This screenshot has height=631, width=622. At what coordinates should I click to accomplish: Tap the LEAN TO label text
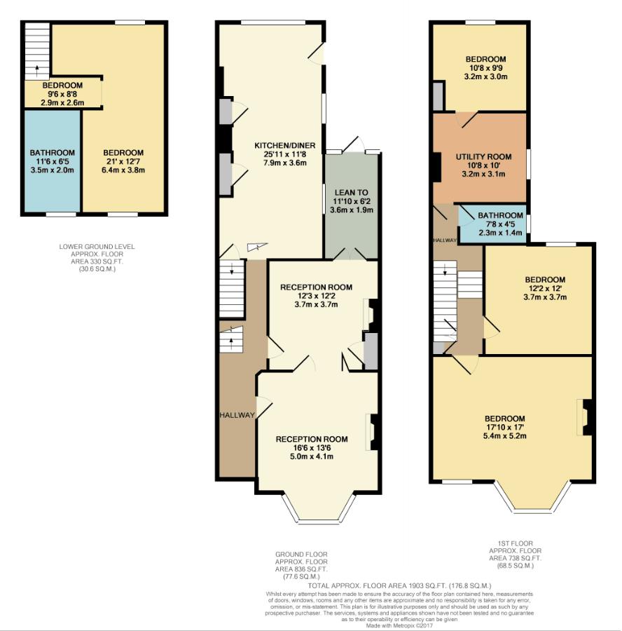tap(351, 192)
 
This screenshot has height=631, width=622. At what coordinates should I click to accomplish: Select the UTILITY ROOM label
tap(483, 156)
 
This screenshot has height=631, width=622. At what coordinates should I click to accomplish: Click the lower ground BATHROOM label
tap(52, 153)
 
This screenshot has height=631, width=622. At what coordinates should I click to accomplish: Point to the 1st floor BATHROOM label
tap(500, 215)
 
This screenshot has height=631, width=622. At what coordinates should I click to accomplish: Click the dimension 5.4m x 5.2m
tap(504, 435)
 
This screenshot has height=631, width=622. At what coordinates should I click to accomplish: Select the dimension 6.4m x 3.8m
tap(123, 169)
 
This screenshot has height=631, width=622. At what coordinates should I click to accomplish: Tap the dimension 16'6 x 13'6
tap(312, 448)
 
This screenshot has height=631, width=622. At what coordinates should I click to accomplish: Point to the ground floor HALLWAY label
tap(236, 415)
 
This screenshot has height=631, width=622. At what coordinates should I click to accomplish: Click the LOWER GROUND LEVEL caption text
tap(97, 247)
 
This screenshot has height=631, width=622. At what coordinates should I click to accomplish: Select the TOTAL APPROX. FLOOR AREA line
tap(400, 585)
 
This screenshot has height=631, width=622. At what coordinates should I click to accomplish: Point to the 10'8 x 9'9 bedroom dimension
tap(486, 68)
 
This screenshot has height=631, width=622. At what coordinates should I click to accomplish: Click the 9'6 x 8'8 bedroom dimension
tap(63, 94)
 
